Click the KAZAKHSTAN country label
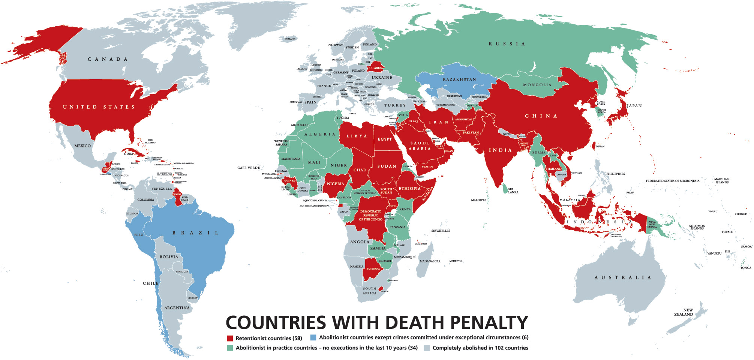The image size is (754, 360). click(x=459, y=79)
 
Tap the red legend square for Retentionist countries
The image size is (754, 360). click(x=230, y=338)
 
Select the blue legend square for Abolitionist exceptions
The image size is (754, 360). click(x=313, y=337)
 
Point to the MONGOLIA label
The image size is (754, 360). click(x=537, y=85)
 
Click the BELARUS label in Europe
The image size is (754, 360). click(x=375, y=68)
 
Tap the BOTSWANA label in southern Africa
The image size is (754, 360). click(x=373, y=269)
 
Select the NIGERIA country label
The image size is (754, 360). click(x=335, y=184)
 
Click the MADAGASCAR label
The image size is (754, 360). click(x=430, y=261)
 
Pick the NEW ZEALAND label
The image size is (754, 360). click(x=684, y=312)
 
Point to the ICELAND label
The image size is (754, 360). click(x=290, y=39)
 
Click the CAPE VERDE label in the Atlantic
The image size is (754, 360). click(x=248, y=168)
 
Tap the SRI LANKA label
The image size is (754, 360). click(x=513, y=191)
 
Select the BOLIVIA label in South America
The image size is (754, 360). click(x=169, y=257)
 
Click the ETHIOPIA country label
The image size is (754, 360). click(x=409, y=189)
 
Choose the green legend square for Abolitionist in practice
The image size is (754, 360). click(x=230, y=348)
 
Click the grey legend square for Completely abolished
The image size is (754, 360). click(x=427, y=348)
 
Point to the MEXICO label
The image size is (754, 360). click(x=82, y=146)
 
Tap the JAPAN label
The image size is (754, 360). click(x=634, y=106)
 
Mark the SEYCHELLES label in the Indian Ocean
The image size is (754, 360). click(x=441, y=231)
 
